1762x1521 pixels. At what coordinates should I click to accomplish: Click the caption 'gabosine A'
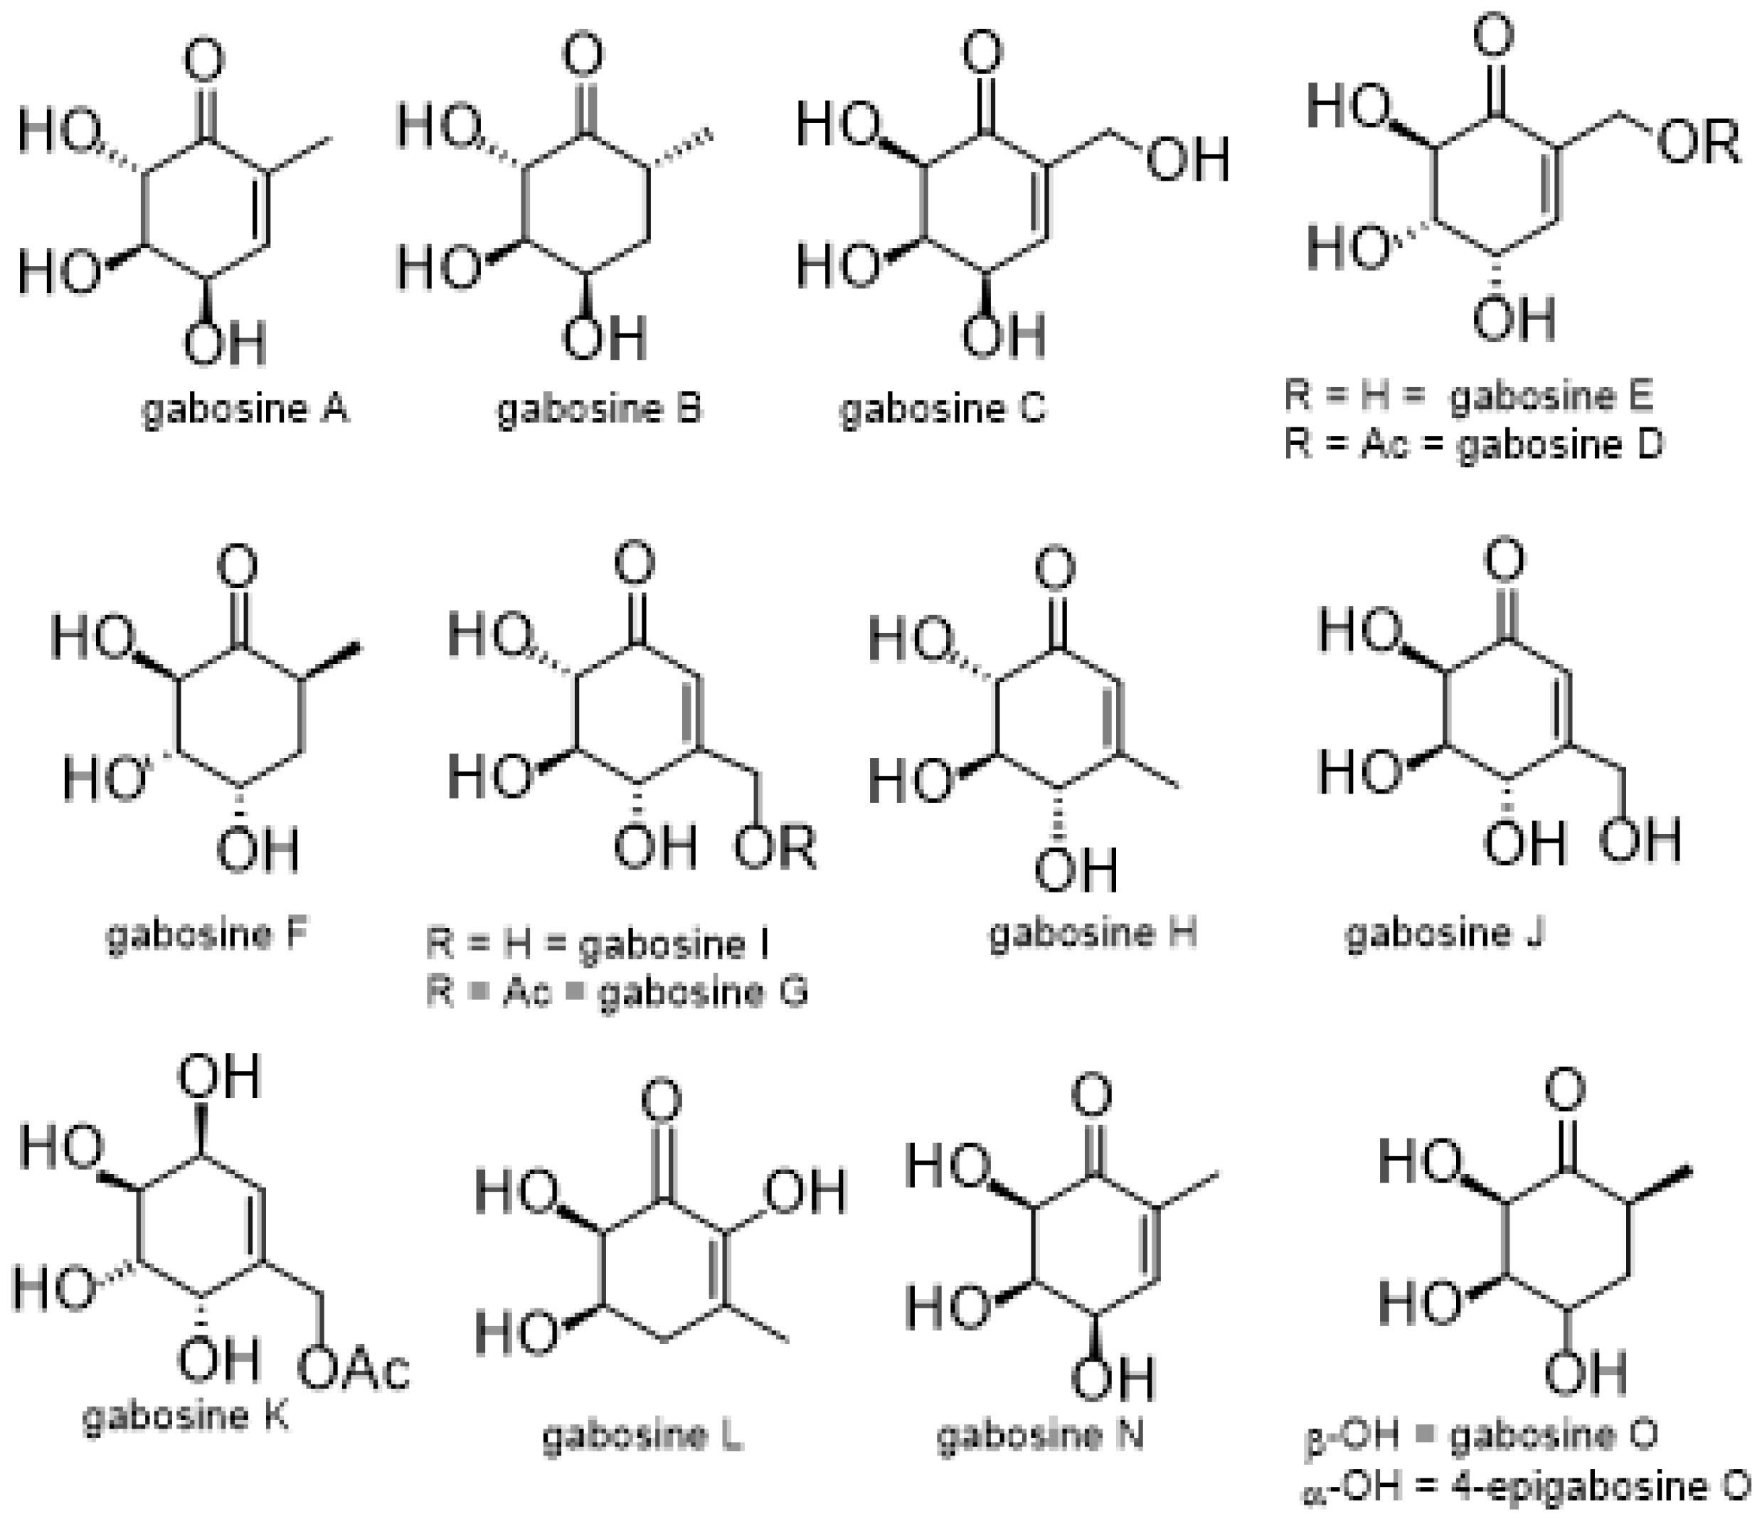(x=245, y=410)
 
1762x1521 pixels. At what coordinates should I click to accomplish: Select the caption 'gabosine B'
(x=600, y=410)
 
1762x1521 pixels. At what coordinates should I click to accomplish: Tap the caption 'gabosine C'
(x=943, y=410)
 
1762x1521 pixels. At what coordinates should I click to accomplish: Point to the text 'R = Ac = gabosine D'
(x=1474, y=446)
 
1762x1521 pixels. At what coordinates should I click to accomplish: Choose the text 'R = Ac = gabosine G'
(x=617, y=993)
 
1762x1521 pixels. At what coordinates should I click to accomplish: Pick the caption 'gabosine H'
(x=1093, y=934)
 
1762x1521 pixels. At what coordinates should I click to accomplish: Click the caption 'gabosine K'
(x=186, y=1417)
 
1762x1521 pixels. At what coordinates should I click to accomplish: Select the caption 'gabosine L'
(x=643, y=1437)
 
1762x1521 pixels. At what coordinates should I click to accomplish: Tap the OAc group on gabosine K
(x=354, y=1370)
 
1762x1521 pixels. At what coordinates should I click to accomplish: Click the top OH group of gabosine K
(x=218, y=1078)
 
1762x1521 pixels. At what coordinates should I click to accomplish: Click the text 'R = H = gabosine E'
(x=1469, y=397)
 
